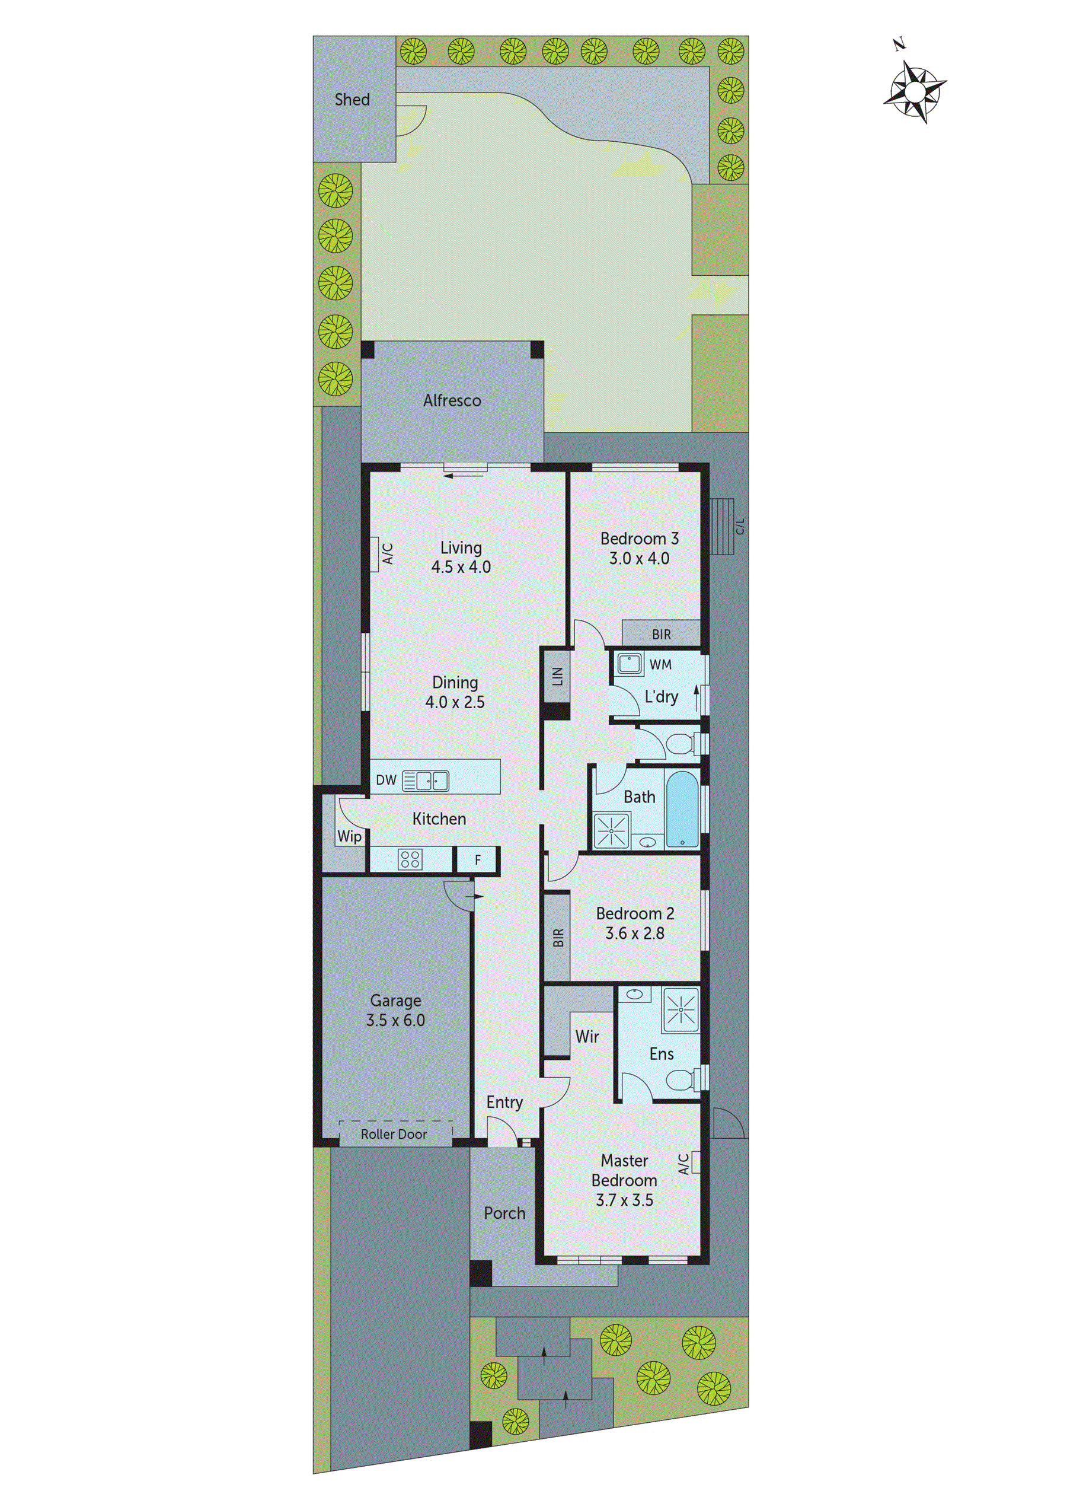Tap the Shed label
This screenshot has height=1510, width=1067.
352,99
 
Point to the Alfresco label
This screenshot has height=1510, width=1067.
452,400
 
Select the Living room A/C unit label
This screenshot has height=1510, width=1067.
387,553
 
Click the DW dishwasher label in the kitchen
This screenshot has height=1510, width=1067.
385,779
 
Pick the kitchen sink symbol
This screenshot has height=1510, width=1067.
426,780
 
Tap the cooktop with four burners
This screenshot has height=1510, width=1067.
410,859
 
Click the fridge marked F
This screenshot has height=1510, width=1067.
477,859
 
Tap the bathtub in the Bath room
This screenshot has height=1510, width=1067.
682,809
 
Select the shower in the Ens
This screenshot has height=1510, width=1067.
681,1009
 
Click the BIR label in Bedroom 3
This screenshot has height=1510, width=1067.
662,634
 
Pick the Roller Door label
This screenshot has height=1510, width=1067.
394,1134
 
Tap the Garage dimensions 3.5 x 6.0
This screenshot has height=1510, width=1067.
395,1020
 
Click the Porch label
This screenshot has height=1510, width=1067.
504,1213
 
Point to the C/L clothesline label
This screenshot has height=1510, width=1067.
740,526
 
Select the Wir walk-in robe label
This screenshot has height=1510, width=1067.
586,1037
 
